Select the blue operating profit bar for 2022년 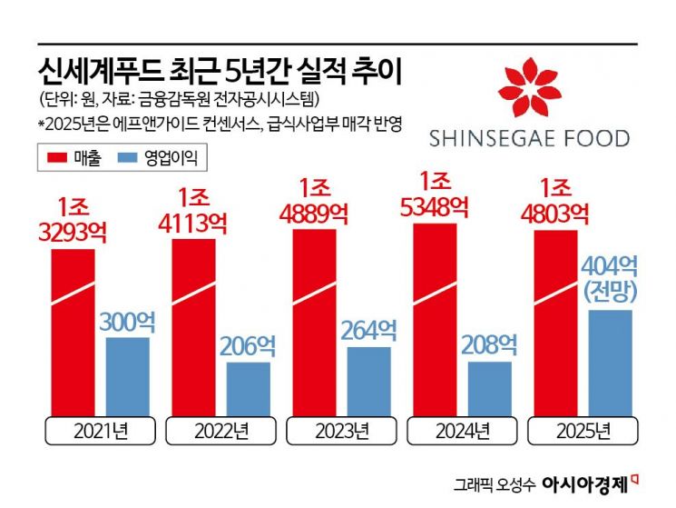click(x=248, y=389)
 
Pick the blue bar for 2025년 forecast click(x=609, y=364)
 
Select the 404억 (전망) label click(x=609, y=278)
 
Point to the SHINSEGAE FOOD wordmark click(x=529, y=139)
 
